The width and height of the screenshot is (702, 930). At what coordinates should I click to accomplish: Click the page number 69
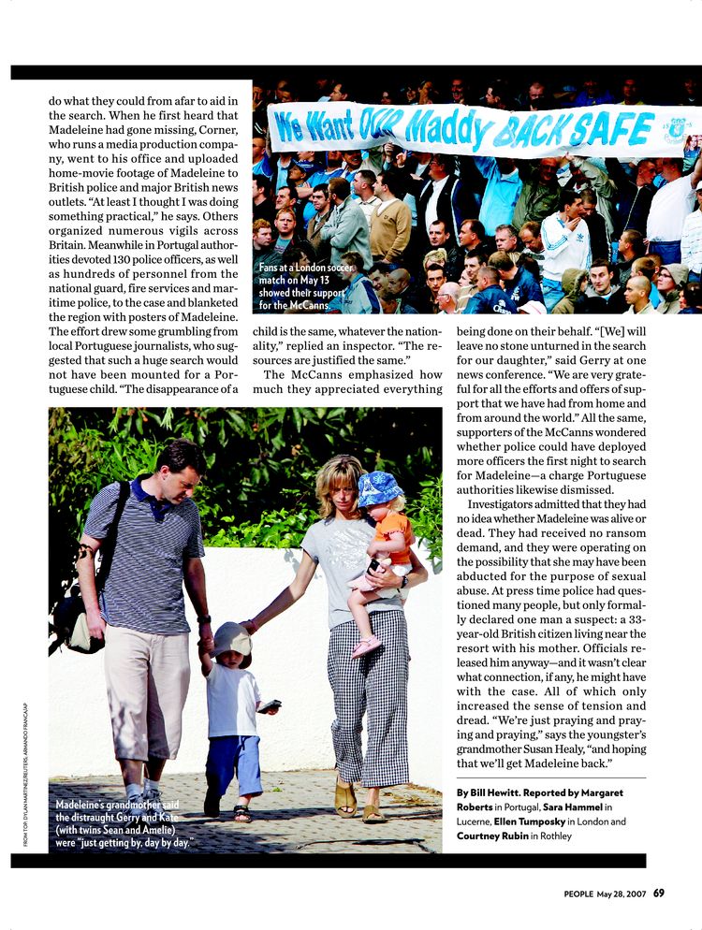(x=659, y=893)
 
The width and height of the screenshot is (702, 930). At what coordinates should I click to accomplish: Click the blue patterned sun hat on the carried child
(x=379, y=488)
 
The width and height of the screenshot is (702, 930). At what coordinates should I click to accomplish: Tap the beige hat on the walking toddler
(x=231, y=640)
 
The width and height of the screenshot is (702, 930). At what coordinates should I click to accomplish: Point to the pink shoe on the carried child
(x=367, y=647)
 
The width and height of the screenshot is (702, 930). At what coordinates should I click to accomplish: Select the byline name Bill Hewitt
(x=496, y=792)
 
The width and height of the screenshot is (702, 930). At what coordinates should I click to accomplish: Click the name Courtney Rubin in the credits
(x=490, y=836)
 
